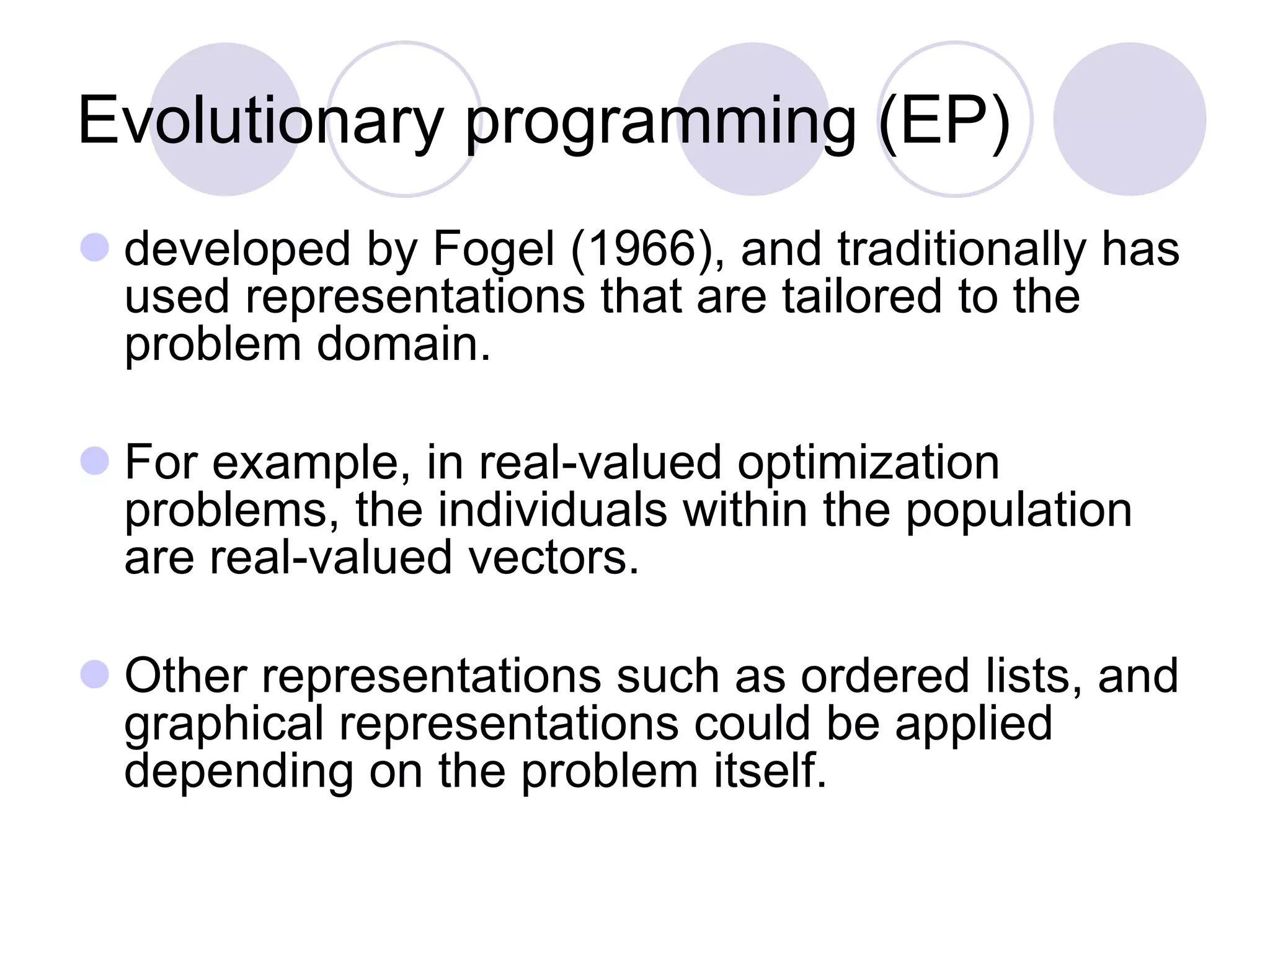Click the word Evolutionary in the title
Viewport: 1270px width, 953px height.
[x=260, y=121]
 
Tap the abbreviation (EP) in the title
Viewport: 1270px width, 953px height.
[x=944, y=121]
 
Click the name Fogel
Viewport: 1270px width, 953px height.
[x=493, y=249]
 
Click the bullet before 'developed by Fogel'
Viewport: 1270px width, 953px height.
[x=95, y=247]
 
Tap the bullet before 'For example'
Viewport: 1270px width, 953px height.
[x=95, y=461]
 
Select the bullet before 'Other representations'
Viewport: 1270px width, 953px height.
[x=95, y=674]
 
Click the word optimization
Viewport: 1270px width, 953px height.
[x=868, y=463]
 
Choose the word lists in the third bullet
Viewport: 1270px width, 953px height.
[x=1034, y=676]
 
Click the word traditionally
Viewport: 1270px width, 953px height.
[x=962, y=249]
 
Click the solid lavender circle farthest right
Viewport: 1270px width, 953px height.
[x=1129, y=119]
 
